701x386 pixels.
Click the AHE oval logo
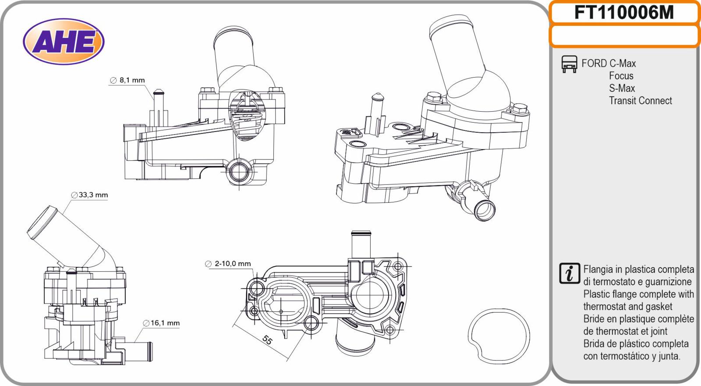click(64, 42)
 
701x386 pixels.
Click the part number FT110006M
click(624, 12)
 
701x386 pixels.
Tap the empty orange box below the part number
click(624, 35)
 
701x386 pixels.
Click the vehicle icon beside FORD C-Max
click(569, 64)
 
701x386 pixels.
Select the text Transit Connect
click(640, 101)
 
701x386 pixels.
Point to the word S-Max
click(622, 88)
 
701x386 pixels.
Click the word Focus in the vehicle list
click(621, 76)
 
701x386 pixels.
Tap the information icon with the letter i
click(570, 273)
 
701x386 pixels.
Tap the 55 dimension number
click(266, 340)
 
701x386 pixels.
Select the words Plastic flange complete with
click(638, 294)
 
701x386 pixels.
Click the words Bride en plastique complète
click(638, 319)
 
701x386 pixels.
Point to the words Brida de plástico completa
click(636, 344)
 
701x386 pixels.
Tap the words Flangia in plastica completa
click(638, 269)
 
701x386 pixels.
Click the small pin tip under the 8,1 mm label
click(158, 93)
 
